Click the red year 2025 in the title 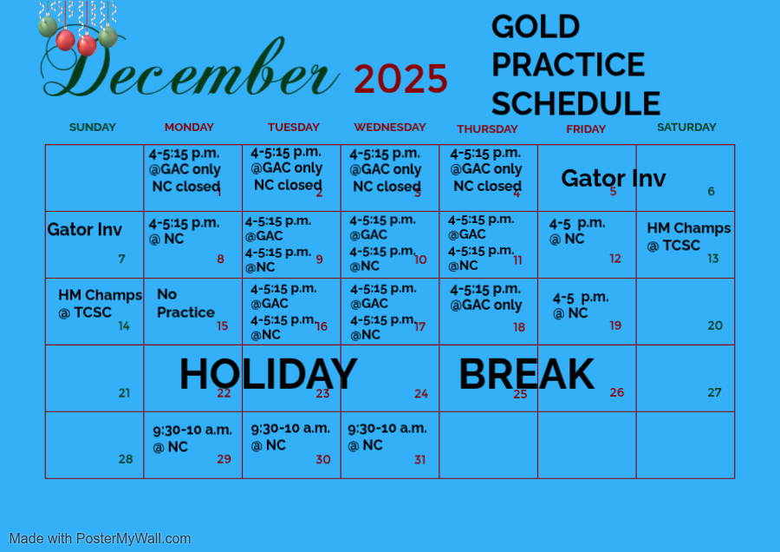coord(401,79)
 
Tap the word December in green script coord(190,67)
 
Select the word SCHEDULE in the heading coord(576,103)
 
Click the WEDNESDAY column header coord(390,127)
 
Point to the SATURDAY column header coord(686,127)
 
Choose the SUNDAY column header coord(93,127)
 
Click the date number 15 coord(223,325)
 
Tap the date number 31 coord(419,459)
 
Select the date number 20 coord(715,325)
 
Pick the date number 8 coord(220,259)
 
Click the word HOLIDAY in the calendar coord(268,374)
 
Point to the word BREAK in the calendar coord(526,374)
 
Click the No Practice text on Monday coord(185,303)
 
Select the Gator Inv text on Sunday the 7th coord(85,230)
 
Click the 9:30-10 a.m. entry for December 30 coord(290,429)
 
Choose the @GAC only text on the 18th coord(486,305)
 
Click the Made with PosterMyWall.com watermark coord(100,539)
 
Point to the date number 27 coord(714,392)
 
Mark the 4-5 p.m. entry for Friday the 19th coord(581,298)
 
